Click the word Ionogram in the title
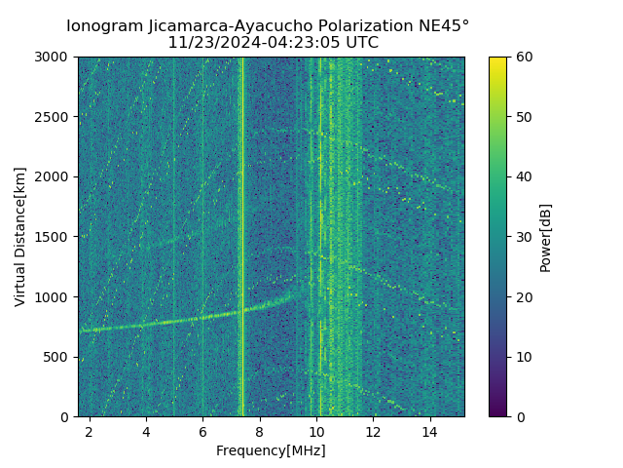[105, 25]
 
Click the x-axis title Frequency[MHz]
[271, 450]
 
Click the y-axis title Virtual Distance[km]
[20, 237]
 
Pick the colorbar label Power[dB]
[546, 237]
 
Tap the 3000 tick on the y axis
[54, 57]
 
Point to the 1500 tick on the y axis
[54, 237]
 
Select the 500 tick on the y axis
[57, 357]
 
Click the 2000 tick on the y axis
[54, 176]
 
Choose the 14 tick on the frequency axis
[430, 431]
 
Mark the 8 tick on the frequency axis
[260, 431]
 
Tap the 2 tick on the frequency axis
[90, 431]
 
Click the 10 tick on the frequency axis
[316, 431]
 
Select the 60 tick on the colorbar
[523, 57]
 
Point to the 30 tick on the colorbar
[523, 237]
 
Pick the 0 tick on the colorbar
[519, 416]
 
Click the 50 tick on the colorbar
[523, 117]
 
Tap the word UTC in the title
[362, 43]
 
